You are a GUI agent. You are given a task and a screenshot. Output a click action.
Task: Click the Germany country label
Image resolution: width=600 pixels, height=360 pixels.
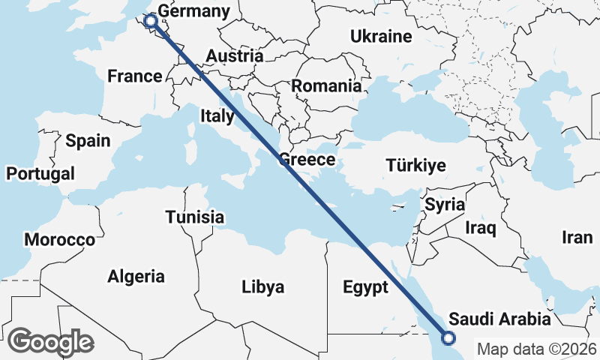coord(194,12)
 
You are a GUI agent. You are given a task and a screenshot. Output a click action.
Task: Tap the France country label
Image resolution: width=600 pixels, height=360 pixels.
coord(135,76)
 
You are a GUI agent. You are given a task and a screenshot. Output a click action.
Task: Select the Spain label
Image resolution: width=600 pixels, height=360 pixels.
coord(88,140)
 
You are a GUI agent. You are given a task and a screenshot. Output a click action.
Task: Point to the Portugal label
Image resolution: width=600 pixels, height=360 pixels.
coord(40,174)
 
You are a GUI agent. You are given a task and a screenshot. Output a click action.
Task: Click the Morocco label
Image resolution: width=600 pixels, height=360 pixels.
coord(59,240)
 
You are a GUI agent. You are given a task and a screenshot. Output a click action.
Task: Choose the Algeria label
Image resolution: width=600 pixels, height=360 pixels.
coord(136,276)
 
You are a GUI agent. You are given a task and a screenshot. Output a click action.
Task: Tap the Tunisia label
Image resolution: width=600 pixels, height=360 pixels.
coord(195,217)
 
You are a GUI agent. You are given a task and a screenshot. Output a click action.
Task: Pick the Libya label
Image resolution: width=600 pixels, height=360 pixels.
coord(262,286)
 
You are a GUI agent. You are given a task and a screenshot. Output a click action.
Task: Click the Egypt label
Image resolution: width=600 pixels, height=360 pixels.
coord(365,287)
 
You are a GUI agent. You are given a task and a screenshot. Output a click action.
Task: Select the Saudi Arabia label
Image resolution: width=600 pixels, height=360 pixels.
coord(499,319)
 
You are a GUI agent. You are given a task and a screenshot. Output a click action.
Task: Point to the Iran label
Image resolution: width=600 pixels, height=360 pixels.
coord(577,238)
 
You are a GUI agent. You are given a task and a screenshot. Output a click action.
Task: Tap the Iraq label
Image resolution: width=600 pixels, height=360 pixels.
coord(481,226)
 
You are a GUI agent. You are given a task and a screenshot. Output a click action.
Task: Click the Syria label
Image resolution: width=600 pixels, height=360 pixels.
coord(445,204)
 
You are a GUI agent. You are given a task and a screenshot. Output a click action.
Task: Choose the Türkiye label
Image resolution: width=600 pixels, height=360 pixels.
coord(415,166)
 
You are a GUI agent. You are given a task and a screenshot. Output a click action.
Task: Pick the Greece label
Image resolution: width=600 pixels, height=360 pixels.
coord(307,160)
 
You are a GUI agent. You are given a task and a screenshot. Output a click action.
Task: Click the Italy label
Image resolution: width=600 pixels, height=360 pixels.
coord(217,115)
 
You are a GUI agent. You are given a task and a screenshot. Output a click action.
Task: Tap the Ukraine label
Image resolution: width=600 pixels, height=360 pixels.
coord(381,36)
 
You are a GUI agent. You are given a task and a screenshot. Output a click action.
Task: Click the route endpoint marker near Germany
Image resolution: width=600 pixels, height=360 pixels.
coord(151,21)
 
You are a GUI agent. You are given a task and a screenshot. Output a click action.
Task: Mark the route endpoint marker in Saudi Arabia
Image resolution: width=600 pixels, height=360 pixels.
coord(448,338)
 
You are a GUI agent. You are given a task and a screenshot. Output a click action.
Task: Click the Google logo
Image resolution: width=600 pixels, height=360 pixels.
coord(50,342)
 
